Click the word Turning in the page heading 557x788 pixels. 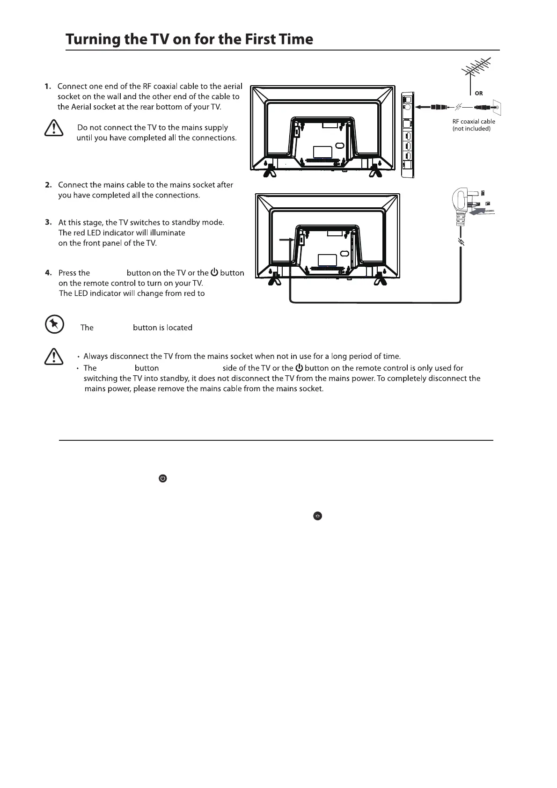91,39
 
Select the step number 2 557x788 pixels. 48,185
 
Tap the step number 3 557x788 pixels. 48,222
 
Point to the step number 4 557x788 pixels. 48,273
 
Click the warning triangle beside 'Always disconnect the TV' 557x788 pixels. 54,357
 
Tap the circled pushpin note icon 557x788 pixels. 54,324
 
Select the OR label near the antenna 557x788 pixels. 478,93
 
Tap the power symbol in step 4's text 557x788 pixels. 214,272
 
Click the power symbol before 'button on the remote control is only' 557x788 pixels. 299,368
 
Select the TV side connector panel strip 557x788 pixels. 408,135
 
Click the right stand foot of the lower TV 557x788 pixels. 381,279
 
